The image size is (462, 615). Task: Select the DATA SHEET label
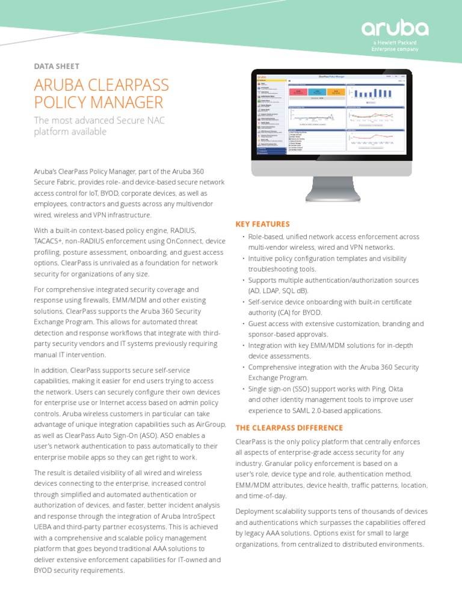[57, 67]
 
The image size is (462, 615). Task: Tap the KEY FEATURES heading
[262, 224]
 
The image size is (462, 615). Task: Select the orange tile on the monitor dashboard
[336, 92]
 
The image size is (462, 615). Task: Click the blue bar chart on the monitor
[373, 93]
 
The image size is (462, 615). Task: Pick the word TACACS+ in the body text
[51, 241]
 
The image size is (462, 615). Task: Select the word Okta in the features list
[393, 389]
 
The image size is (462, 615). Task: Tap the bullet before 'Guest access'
[243, 324]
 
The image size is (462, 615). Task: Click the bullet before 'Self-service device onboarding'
[243, 302]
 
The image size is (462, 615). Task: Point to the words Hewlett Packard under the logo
[399, 43]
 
